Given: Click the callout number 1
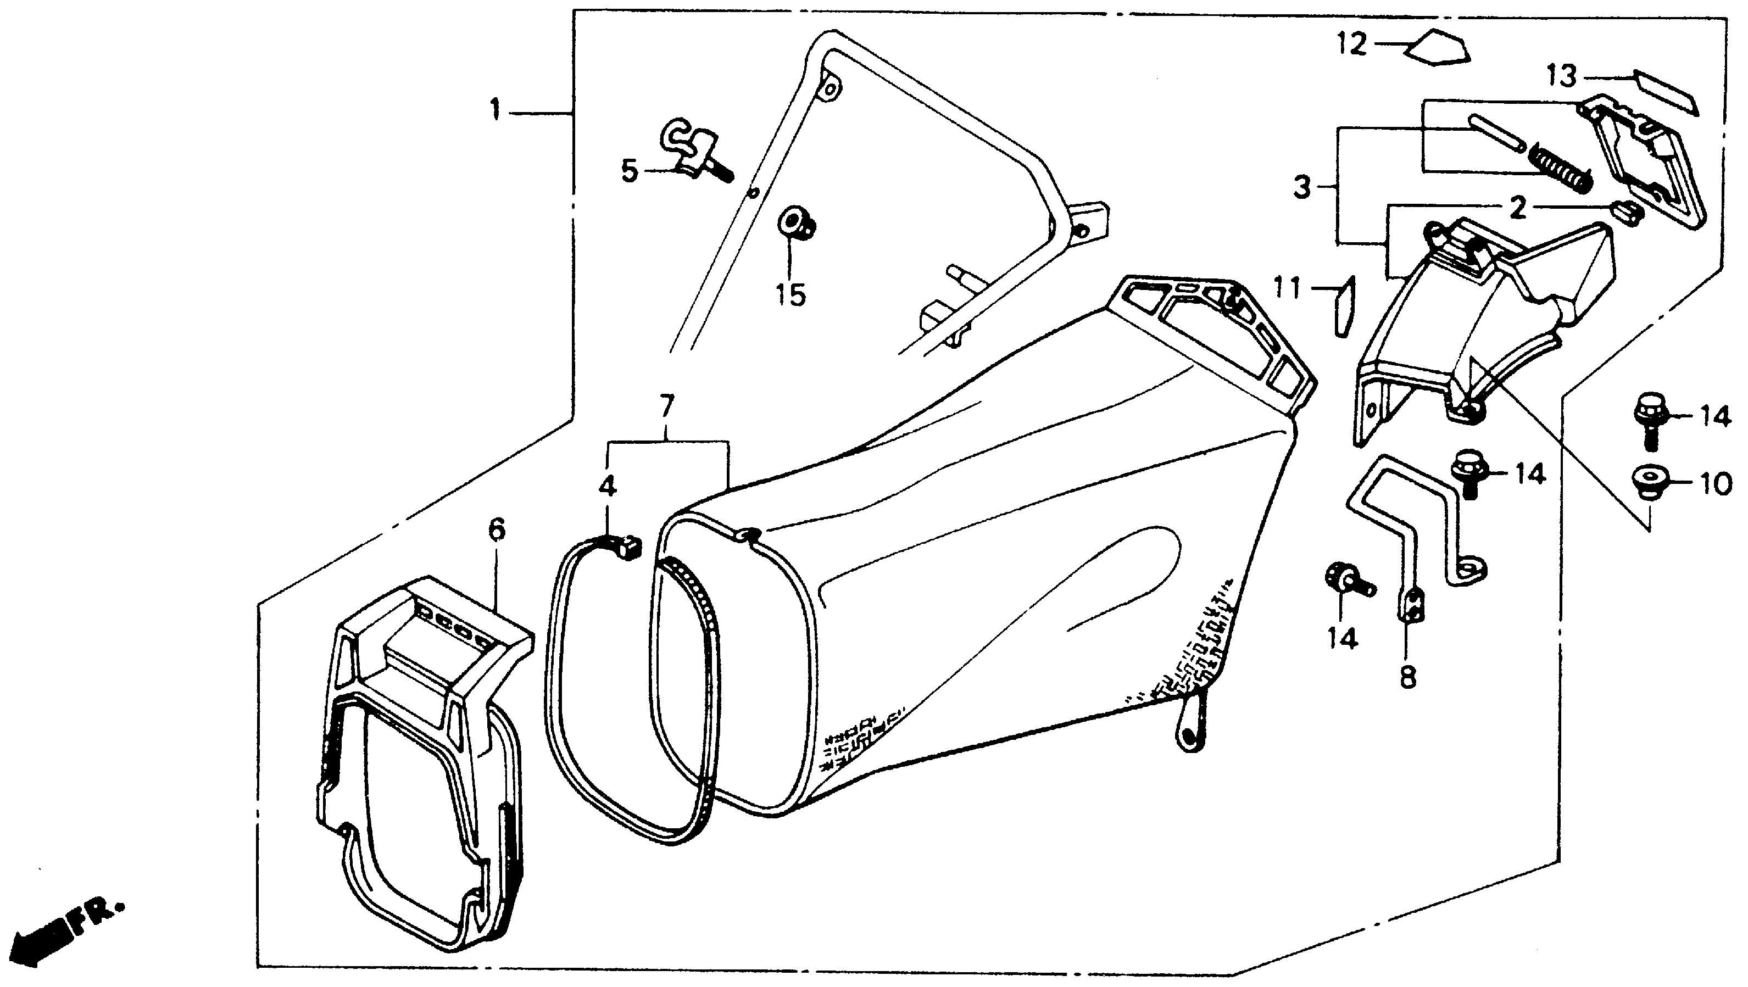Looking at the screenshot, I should coord(497,110).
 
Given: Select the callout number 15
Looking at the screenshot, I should coord(791,294).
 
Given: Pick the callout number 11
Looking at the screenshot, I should coord(1287,289).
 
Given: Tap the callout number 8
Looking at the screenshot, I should coord(1408,676).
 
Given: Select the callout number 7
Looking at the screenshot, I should coord(667,406).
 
